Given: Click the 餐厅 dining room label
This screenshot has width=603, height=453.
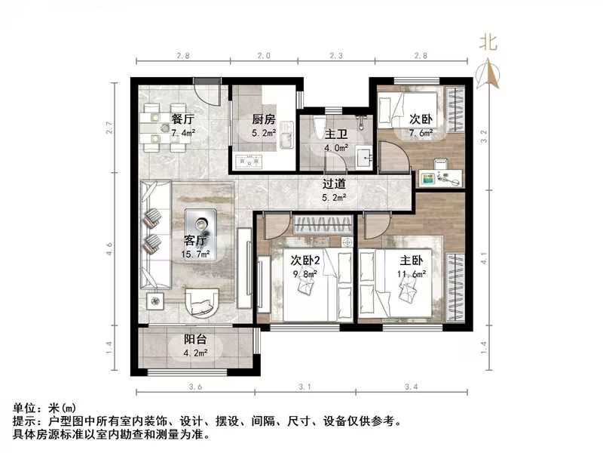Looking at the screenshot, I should [x=182, y=119].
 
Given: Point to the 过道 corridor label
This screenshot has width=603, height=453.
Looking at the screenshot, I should [x=334, y=183].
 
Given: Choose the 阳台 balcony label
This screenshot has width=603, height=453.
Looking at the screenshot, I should [x=195, y=339].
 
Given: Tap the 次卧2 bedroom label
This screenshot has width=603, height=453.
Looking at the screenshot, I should [x=306, y=260].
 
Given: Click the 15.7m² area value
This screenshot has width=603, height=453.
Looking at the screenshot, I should [x=196, y=255].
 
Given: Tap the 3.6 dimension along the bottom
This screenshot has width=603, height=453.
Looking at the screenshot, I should [x=195, y=387].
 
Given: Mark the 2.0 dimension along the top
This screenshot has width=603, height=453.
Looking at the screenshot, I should [x=262, y=56].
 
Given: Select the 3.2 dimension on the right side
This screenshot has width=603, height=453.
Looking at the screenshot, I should [x=485, y=137].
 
